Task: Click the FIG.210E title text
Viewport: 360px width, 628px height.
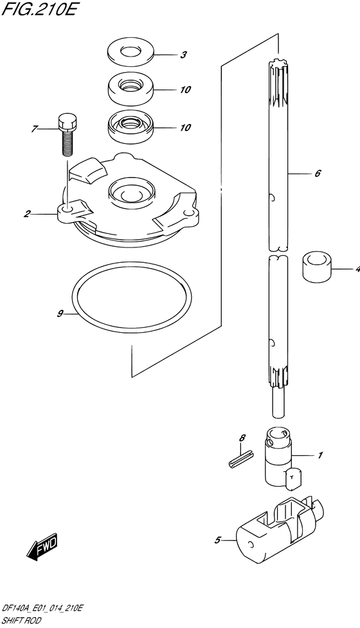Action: tap(38, 8)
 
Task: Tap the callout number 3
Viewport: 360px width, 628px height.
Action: tap(183, 55)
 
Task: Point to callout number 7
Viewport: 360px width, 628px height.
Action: tap(34, 129)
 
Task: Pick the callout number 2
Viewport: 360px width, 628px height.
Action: tap(27, 214)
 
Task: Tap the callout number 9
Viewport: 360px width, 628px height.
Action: tap(60, 314)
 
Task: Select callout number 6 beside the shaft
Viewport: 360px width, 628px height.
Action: tap(317, 174)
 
